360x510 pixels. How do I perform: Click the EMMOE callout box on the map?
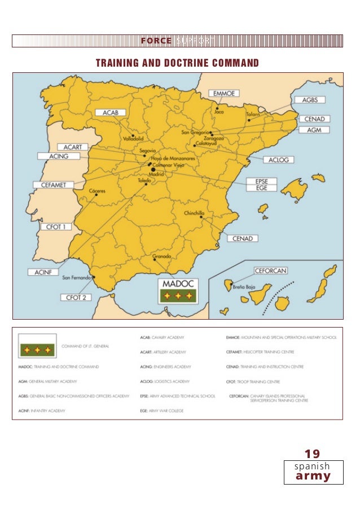tap(225, 93)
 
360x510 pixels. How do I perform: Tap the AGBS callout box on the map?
tap(310, 100)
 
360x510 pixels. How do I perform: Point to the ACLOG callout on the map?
tap(278, 160)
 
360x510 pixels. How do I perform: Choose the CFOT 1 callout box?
tap(56, 226)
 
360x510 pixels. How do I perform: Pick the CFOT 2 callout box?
tap(75, 297)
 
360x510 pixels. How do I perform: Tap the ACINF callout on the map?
tap(43, 272)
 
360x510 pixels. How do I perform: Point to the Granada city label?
tap(162, 256)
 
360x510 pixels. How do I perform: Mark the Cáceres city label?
tap(97, 190)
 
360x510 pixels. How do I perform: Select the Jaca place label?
tap(219, 111)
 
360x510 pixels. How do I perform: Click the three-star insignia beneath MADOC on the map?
tap(178, 295)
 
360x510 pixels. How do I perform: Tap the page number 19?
tap(312, 454)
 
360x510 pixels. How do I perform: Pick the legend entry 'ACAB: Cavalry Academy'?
tap(162, 337)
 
